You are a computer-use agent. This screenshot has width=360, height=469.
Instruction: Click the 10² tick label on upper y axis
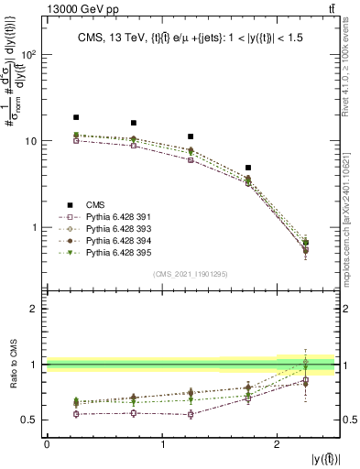point(28,55)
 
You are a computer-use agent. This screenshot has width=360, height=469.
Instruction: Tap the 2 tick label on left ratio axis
point(33,309)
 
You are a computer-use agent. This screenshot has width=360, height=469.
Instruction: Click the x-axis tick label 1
point(162,444)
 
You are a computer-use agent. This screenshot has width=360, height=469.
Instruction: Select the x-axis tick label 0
point(47,444)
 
